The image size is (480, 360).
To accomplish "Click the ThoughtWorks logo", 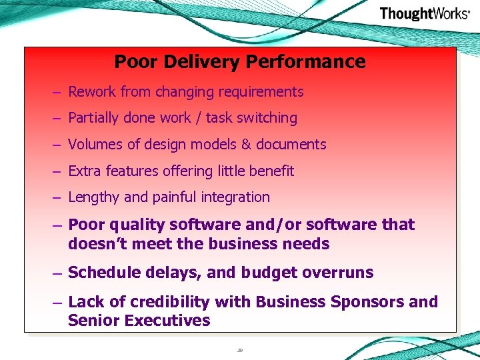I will (x=424, y=13).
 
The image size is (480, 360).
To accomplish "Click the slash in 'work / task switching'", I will (x=199, y=118).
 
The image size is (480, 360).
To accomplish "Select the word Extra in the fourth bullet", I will (x=84, y=171).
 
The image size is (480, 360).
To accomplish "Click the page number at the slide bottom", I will (x=239, y=349).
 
